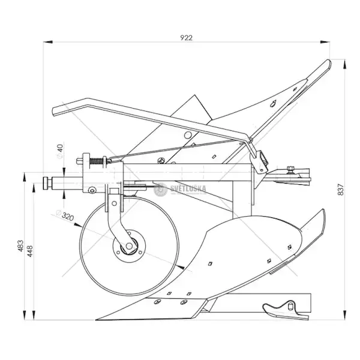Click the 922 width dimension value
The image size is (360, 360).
coord(186,38)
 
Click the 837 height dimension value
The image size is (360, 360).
coord(341,190)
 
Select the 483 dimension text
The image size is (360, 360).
coord(20,245)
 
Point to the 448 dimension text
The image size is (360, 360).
coord(30,251)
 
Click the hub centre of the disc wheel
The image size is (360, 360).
coord(129,246)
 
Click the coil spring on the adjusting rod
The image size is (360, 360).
coord(96,161)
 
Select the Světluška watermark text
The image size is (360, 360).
coord(188,188)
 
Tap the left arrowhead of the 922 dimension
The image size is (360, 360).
coord(48,42)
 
